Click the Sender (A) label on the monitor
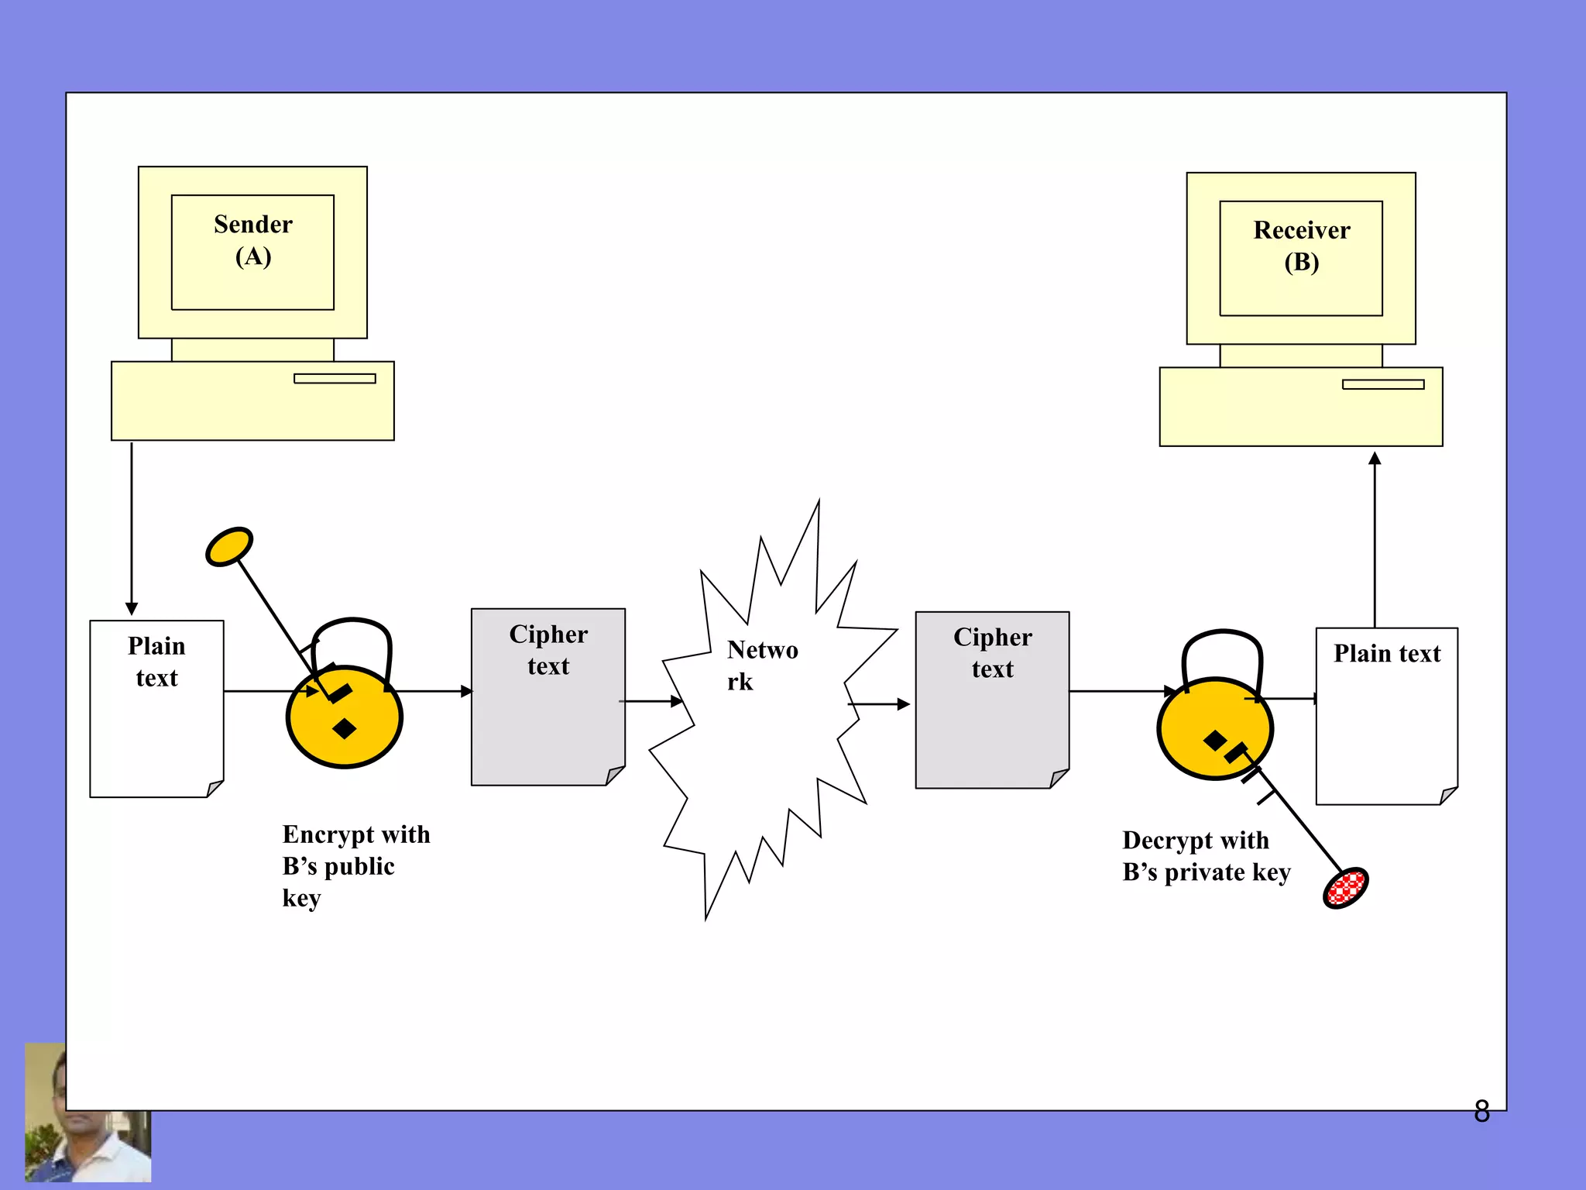253,240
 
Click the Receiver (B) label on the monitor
1301,246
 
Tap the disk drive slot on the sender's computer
335,378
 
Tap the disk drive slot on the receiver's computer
1383,384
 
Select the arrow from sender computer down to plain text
132,527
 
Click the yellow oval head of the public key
229,547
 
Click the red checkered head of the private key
1346,888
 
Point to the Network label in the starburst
762,665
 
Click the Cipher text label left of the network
548,650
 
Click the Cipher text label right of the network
992,653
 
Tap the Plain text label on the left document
156,662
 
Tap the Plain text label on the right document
1386,653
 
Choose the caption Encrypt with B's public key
355,865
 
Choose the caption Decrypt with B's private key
1205,856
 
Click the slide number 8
1481,1111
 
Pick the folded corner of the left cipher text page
616,775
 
